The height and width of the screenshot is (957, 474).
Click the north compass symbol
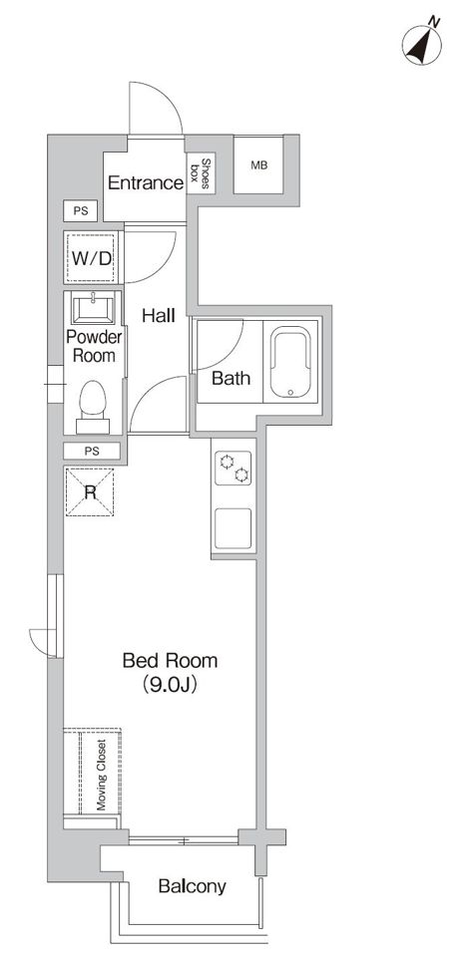pyautogui.click(x=422, y=43)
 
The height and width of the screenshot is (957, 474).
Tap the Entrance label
pyautogui.click(x=146, y=182)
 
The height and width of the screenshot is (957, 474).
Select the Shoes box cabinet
pyautogui.click(x=201, y=172)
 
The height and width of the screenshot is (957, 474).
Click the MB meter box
pyautogui.click(x=259, y=164)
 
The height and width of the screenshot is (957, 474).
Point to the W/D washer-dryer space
pyautogui.click(x=92, y=258)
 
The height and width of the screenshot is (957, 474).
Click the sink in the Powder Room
pyautogui.click(x=92, y=309)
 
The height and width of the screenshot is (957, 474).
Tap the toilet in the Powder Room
pyautogui.click(x=93, y=407)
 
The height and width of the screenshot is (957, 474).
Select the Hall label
pyautogui.click(x=159, y=316)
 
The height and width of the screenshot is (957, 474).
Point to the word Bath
pyautogui.click(x=231, y=378)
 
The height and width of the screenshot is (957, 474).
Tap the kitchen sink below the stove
pyautogui.click(x=233, y=528)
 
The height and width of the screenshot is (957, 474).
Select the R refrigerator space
pyautogui.click(x=90, y=491)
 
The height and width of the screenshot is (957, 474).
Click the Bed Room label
pyautogui.click(x=170, y=660)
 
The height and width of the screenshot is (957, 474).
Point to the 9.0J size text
pyautogui.click(x=170, y=685)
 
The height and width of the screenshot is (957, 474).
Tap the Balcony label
pyautogui.click(x=192, y=886)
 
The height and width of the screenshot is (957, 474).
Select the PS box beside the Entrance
pyautogui.click(x=81, y=211)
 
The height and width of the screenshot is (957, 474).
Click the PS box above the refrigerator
pyautogui.click(x=92, y=452)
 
